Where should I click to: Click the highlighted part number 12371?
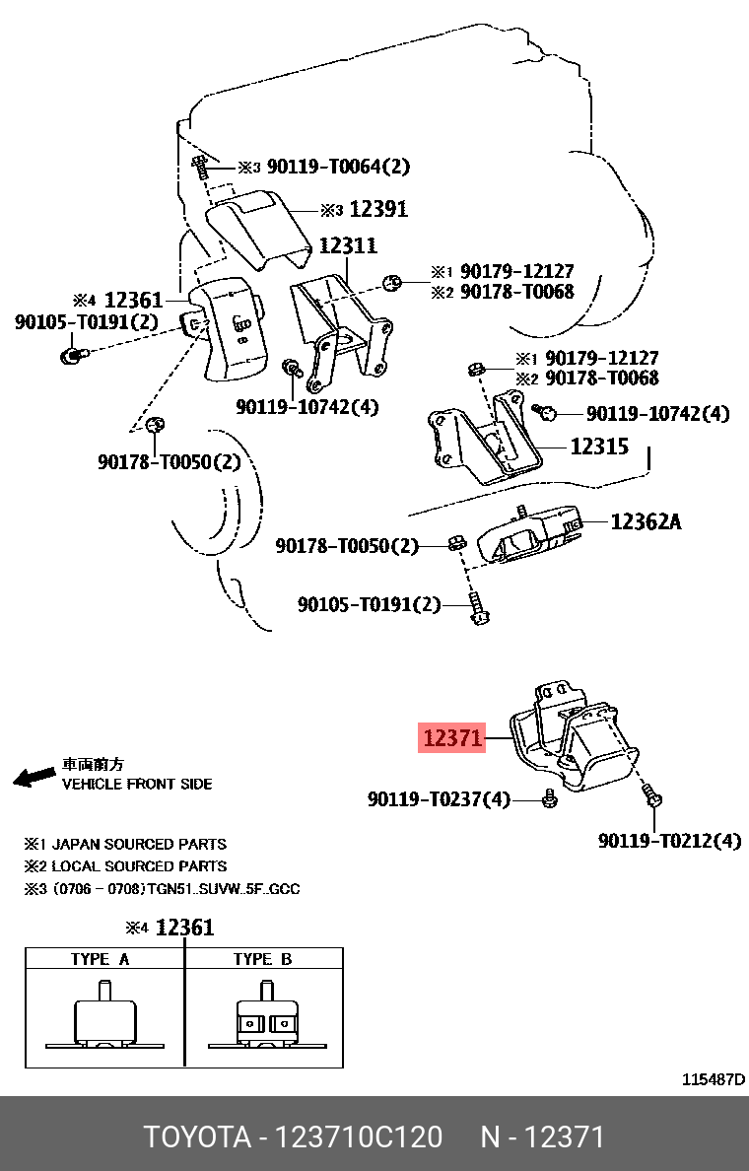pos(452,737)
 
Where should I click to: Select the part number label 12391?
pos(378,209)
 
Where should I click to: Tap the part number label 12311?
pos(347,245)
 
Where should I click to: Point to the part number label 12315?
pos(599,446)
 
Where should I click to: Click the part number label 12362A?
pos(646,521)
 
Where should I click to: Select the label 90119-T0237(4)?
pos(440,799)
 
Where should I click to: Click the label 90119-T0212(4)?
pos(670,841)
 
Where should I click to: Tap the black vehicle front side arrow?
pos(34,777)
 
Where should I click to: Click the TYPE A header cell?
pos(100,959)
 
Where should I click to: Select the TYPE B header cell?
pos(262,959)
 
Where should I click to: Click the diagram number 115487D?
pos(714,1079)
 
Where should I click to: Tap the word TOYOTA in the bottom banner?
pos(197,1137)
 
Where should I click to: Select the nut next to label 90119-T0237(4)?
pos(550,799)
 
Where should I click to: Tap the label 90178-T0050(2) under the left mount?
pos(170,461)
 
